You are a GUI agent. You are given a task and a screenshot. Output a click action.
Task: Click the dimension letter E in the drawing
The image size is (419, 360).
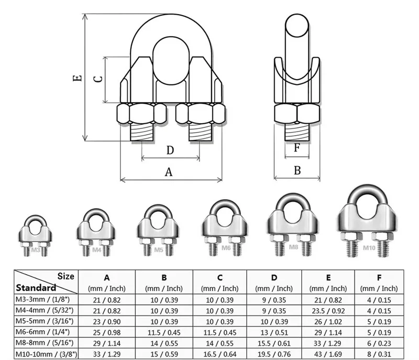[x=77, y=78]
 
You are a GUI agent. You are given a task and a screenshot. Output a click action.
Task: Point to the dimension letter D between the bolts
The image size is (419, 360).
[x=170, y=150]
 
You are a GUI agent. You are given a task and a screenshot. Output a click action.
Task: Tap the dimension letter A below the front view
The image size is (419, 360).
[x=169, y=171]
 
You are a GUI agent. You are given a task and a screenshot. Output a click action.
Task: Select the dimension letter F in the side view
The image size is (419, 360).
[x=297, y=148]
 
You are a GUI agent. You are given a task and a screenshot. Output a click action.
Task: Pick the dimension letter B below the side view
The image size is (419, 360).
[x=297, y=170]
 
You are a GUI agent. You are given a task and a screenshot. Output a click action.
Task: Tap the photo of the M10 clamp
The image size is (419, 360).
[x=365, y=222]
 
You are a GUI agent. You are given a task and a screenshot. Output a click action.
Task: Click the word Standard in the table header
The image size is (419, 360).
[x=36, y=287]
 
